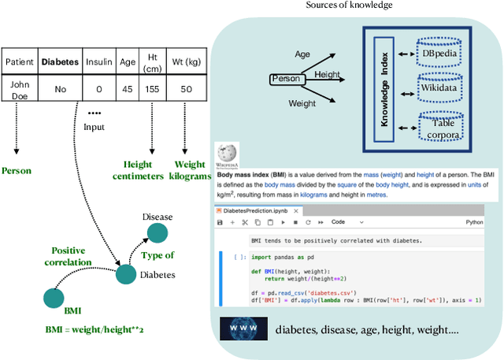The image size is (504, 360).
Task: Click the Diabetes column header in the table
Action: [x=61, y=61]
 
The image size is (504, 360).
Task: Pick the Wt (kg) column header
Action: [x=185, y=61]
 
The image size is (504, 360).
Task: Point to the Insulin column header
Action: [x=99, y=61]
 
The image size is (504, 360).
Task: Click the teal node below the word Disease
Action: [x=158, y=234]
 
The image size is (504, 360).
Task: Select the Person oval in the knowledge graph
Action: [x=286, y=80]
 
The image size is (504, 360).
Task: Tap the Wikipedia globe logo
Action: [x=227, y=154]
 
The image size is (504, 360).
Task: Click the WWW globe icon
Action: [x=242, y=328]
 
